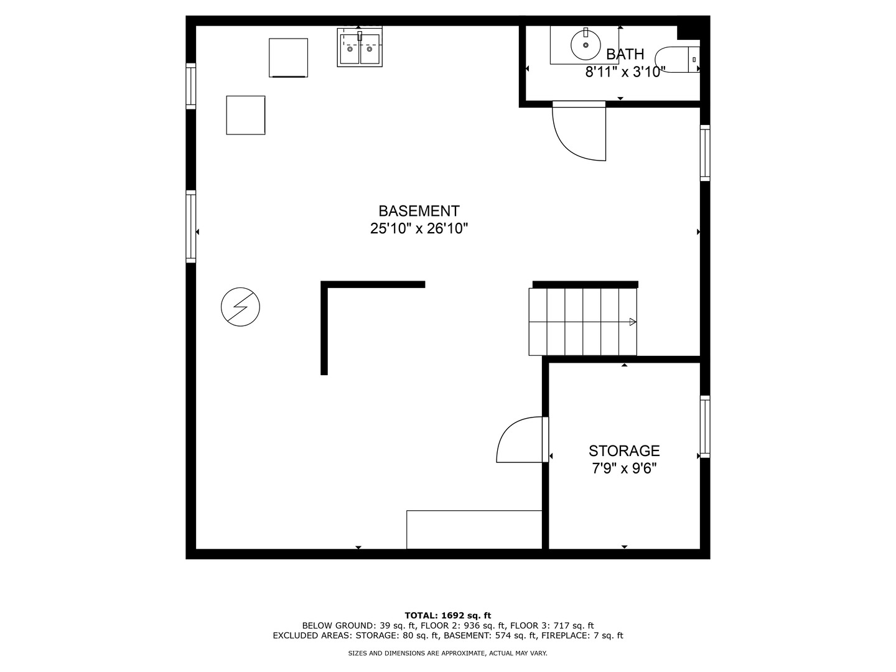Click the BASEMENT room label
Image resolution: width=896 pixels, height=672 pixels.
[x=419, y=211]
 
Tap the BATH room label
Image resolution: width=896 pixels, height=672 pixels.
[x=625, y=54]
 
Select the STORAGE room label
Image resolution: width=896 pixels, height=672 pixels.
[x=624, y=450]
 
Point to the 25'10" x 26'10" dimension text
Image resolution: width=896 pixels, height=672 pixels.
[x=419, y=228]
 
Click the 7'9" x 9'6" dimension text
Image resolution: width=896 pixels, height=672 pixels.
[x=624, y=469]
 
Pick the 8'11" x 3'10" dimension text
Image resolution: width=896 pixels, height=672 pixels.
[x=625, y=72]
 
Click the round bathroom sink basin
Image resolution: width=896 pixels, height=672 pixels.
[x=586, y=44]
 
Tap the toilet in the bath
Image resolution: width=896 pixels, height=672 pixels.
[x=677, y=60]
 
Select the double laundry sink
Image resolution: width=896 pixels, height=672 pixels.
[x=360, y=47]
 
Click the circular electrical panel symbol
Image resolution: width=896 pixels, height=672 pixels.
[x=240, y=307]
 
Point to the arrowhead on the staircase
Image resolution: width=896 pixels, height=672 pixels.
[x=633, y=322]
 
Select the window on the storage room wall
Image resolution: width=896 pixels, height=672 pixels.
[x=705, y=426]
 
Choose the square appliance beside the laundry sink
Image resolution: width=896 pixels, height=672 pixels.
[x=288, y=58]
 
